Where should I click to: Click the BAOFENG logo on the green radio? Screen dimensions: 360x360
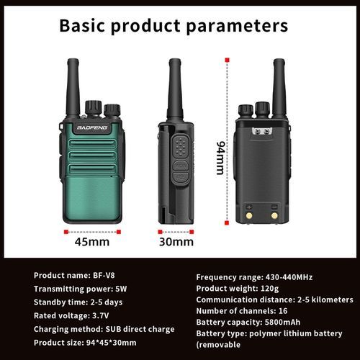pyautogui.click(x=92, y=127)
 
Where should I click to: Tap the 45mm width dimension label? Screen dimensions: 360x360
pyautogui.click(x=92, y=242)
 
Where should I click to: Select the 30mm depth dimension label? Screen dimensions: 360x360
pyautogui.click(x=176, y=242)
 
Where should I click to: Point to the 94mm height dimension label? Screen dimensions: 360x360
pyautogui.click(x=220, y=158)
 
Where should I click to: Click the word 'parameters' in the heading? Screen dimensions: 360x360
pyautogui.click(x=237, y=26)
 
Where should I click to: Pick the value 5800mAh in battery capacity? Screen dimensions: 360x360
pyautogui.click(x=282, y=322)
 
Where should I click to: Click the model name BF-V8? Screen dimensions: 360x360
pyautogui.click(x=104, y=275)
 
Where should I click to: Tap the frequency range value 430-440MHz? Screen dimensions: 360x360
pyautogui.click(x=289, y=277)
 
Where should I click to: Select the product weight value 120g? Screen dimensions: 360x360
pyautogui.click(x=269, y=289)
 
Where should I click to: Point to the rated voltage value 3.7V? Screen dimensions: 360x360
pyautogui.click(x=101, y=315)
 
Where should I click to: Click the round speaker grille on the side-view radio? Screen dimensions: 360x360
pyautogui.click(x=180, y=147)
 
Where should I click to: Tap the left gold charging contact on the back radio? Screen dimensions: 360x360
pyautogui.click(x=249, y=215)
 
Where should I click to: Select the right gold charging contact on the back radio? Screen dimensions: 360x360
pyautogui.click(x=274, y=215)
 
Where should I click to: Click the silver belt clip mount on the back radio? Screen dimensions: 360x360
pyautogui.click(x=262, y=132)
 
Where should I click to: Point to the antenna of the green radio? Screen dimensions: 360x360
pyautogui.click(x=73, y=87)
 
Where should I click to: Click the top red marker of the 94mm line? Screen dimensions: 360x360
pyautogui.click(x=227, y=60)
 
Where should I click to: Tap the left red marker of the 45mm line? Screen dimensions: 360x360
pyautogui.click(x=66, y=232)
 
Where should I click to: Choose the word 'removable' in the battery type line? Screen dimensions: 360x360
pyautogui.click(x=220, y=345)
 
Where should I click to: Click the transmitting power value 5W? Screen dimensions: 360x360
pyautogui.click(x=121, y=289)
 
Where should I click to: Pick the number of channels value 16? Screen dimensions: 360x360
pyautogui.click(x=283, y=311)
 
